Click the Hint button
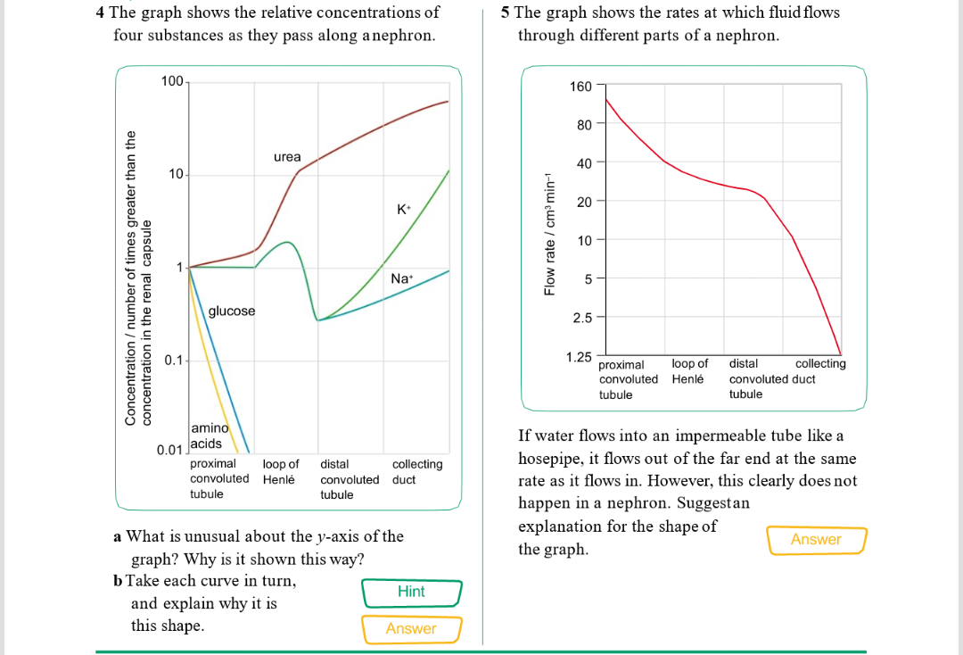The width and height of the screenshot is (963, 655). pos(411,592)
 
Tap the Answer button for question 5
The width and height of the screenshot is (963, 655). pos(815,539)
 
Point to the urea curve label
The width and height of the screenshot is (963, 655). pos(287,157)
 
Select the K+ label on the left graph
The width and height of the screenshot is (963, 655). pos(404,210)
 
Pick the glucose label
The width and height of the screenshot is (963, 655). pos(232,311)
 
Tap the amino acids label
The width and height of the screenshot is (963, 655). pos(209,435)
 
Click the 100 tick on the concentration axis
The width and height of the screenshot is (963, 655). pos(172,82)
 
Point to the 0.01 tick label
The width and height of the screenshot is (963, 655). pos(169,449)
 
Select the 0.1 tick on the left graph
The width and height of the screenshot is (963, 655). pos(174,360)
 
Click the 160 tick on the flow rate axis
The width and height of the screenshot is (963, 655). pos(580,86)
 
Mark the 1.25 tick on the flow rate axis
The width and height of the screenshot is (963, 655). pos(579,357)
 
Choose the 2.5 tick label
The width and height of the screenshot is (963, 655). pos(582,318)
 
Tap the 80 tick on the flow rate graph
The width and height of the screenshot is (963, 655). pos(584,124)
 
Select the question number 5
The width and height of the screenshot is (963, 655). pos(506,12)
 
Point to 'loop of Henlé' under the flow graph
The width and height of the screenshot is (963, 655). pos(689,371)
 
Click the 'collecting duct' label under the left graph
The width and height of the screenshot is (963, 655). pos(416,471)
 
